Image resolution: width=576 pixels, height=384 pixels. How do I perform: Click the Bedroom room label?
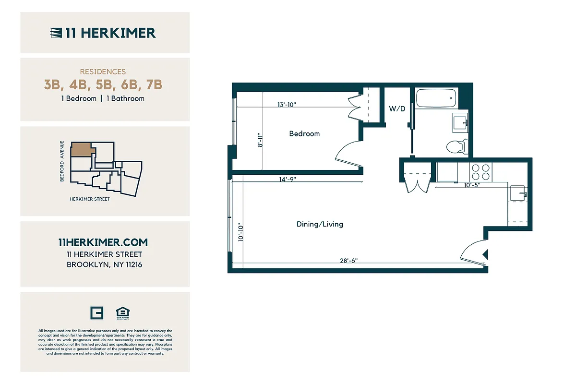(304, 133)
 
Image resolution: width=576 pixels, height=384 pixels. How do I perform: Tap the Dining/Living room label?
(320, 224)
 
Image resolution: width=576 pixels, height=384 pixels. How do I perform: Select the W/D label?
(397, 109)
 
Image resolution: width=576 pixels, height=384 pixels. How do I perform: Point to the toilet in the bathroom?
(456, 146)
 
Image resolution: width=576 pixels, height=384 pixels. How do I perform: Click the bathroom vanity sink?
(461, 123)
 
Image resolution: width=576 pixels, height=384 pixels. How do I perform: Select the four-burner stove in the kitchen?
(480, 172)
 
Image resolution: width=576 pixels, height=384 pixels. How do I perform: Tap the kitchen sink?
(518, 193)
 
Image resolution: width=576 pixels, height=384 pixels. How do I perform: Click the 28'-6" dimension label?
(348, 261)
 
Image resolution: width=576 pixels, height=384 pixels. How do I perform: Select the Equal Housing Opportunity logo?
(123, 313)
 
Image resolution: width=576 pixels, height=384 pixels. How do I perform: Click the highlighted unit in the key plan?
(83, 150)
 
